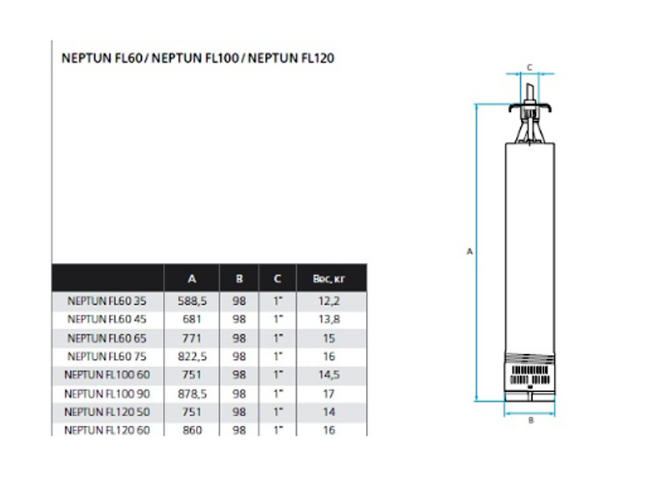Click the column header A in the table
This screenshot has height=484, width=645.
pos(192,279)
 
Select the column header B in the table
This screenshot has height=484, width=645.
pos(239,279)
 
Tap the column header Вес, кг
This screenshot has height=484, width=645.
pos(329,279)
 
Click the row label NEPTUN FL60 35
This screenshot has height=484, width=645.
pos(107,301)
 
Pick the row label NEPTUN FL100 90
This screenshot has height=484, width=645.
pos(107,394)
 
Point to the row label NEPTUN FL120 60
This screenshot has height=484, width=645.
pos(107,430)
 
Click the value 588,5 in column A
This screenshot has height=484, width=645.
pos(192,301)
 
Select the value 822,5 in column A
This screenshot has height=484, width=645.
pos(192,357)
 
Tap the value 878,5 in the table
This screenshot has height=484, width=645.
pos(192,394)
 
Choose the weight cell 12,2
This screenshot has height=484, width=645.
pos(329,301)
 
